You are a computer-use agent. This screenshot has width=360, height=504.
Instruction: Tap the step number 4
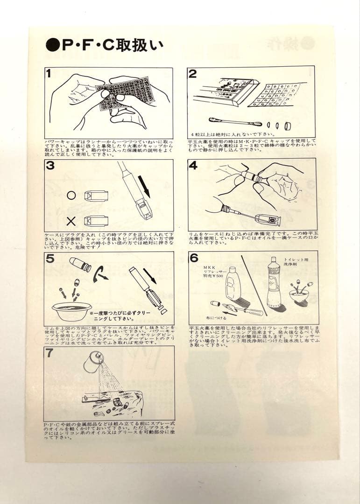pyautogui.click(x=193, y=166)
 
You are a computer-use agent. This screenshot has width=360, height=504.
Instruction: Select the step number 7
pyautogui.click(x=49, y=353)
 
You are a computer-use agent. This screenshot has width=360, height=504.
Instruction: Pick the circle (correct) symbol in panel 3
pyautogui.click(x=71, y=196)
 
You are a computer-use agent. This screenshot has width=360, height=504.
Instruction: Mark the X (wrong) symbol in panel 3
pyautogui.click(x=71, y=220)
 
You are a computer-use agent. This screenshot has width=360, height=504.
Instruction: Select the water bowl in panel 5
pyautogui.click(x=72, y=311)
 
